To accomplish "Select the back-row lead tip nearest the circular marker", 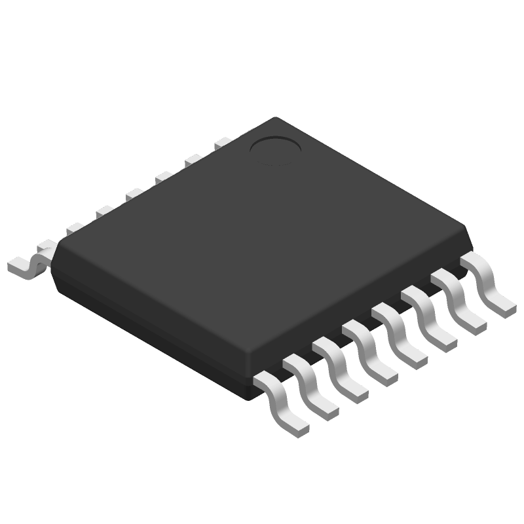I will click(223, 141).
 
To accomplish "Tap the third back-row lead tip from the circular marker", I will click(164, 176).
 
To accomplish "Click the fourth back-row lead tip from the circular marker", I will click(134, 193).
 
